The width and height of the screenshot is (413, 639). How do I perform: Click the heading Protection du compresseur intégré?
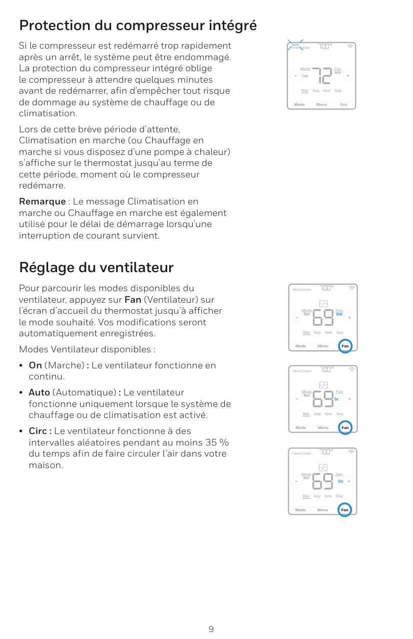(138, 25)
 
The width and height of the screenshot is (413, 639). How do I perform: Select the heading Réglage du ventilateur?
(96, 267)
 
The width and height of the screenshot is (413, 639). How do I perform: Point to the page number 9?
(211, 629)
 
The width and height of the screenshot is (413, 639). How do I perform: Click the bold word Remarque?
(42, 201)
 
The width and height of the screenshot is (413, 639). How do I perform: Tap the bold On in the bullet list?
(36, 365)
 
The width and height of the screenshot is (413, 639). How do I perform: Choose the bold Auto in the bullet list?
(39, 392)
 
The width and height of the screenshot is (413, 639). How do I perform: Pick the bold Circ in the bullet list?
(39, 431)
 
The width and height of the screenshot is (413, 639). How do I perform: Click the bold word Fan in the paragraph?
(133, 300)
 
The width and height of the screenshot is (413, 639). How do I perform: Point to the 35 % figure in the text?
(217, 443)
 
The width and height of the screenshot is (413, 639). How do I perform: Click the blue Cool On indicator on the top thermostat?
(295, 45)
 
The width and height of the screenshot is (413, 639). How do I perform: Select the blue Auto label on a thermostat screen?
(339, 314)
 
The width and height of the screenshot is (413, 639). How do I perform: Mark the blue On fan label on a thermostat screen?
(336, 399)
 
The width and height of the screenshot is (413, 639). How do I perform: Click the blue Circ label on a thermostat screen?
(340, 481)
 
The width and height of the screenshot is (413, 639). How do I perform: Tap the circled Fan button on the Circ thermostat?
(344, 510)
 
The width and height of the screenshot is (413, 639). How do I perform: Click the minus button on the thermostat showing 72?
(295, 76)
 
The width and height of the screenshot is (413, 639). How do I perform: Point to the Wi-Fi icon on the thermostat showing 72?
(350, 46)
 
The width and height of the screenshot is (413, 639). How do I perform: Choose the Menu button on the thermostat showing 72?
(321, 104)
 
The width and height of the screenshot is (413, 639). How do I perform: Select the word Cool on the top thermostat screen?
(305, 76)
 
